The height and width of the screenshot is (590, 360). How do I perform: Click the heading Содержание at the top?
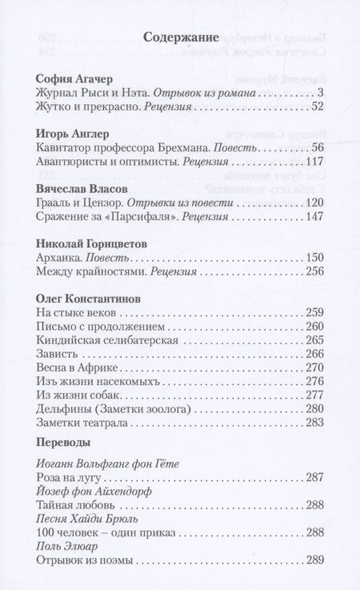pos(180,36)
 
